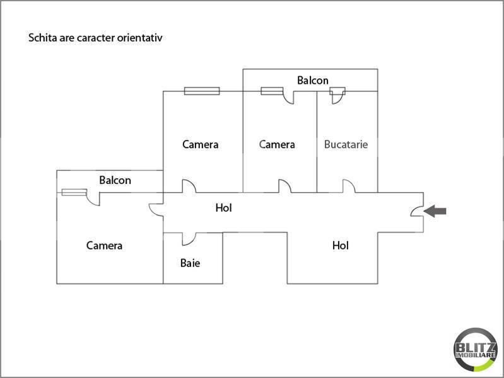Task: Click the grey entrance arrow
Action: [435, 211]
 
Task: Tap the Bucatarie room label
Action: [346, 144]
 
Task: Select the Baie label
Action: [190, 263]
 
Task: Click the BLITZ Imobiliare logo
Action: [476, 350]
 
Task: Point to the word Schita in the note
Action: [42, 38]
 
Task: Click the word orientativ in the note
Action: [139, 38]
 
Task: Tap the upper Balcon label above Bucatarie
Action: [313, 80]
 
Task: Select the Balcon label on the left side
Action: [115, 180]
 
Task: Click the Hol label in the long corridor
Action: [224, 208]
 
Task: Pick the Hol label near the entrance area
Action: [341, 245]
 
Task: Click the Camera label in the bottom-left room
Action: [104, 246]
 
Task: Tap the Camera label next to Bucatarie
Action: [277, 144]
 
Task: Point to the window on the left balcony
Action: [74, 192]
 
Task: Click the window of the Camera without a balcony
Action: [202, 91]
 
